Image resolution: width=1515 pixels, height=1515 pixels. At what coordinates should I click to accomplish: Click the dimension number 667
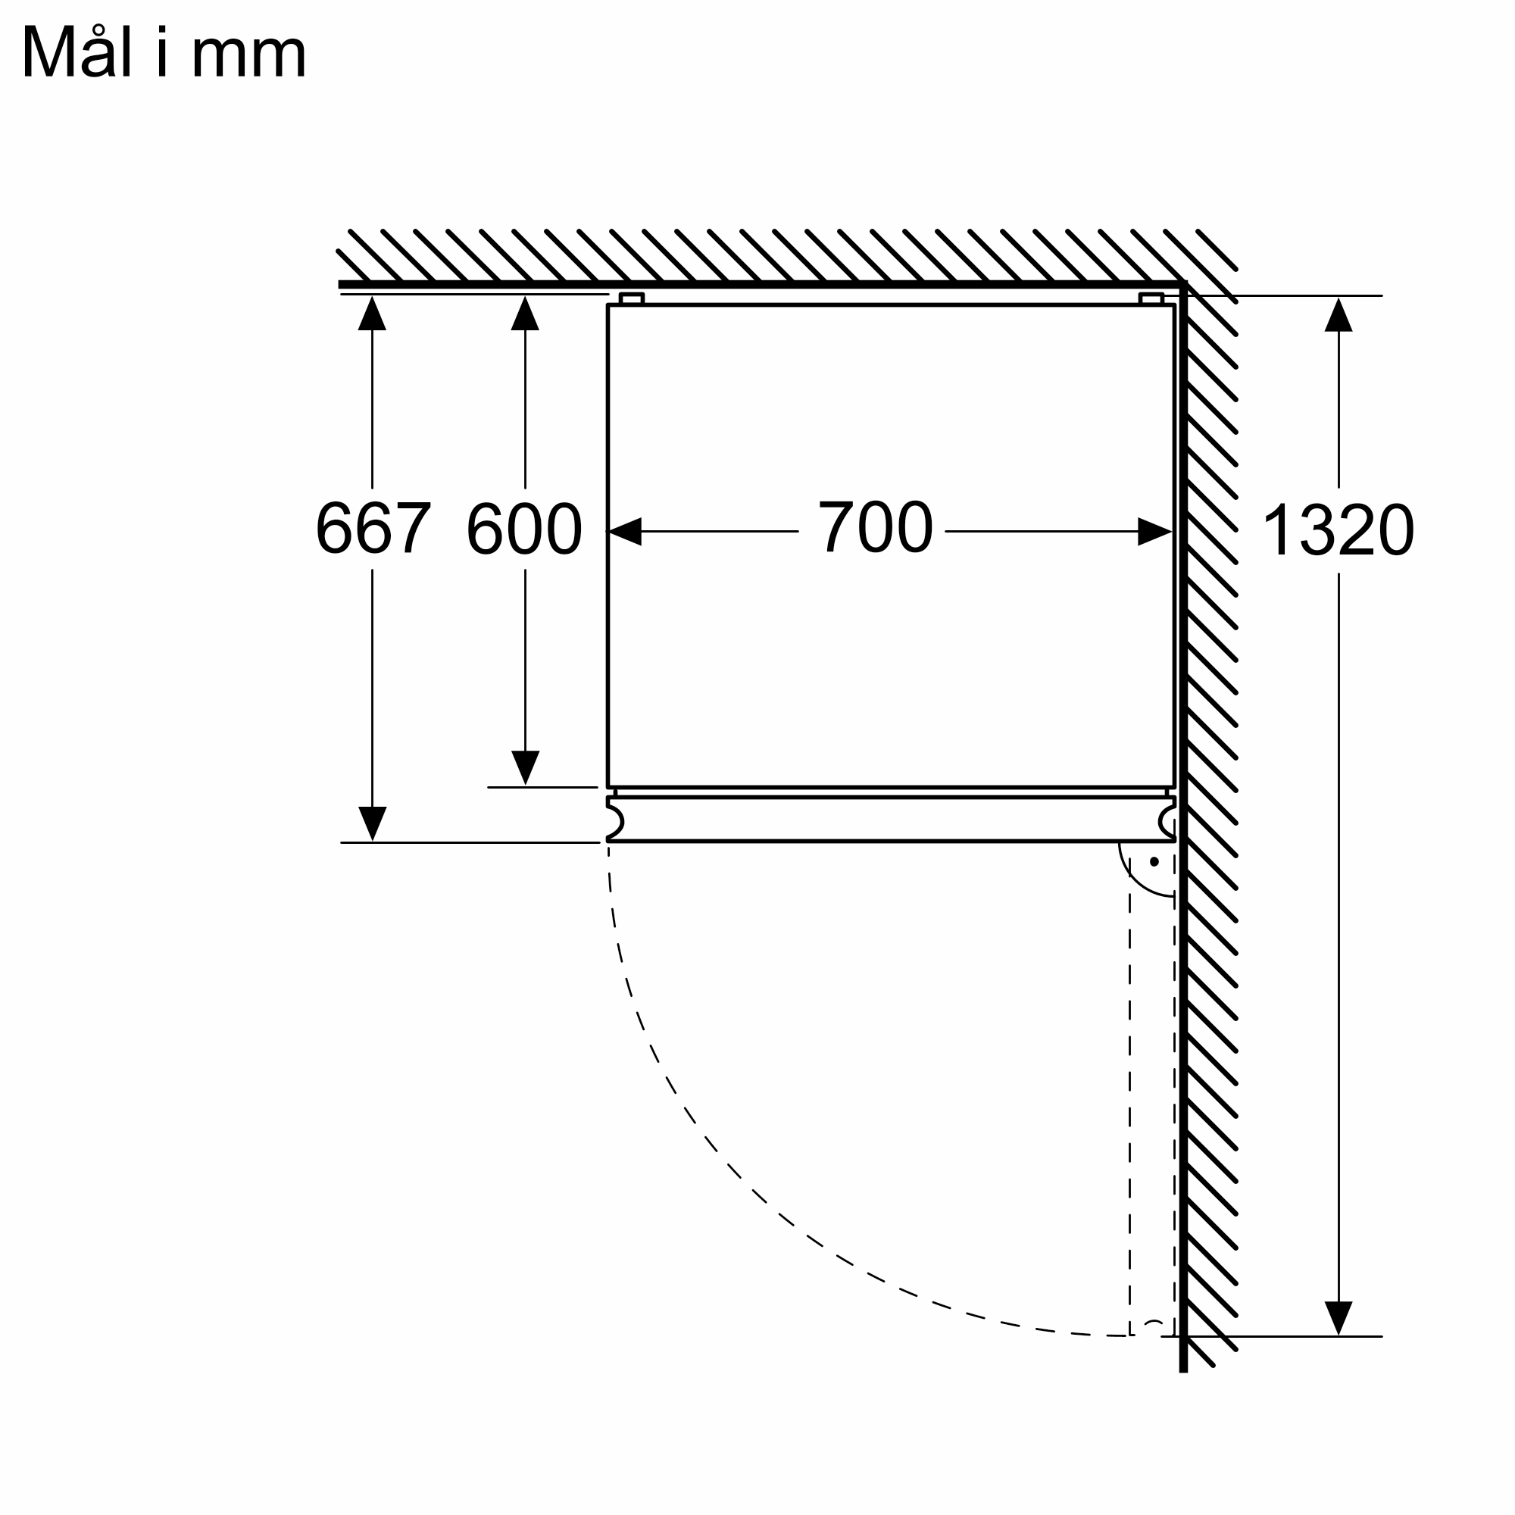pos(373,528)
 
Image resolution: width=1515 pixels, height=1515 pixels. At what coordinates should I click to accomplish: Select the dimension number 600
pos(524,528)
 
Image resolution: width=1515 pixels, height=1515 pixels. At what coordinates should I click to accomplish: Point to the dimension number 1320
pos(1338,530)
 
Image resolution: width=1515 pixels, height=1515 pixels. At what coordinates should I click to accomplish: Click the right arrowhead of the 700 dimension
pos(1154,532)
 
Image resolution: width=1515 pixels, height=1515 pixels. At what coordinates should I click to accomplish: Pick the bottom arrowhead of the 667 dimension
pos(373,823)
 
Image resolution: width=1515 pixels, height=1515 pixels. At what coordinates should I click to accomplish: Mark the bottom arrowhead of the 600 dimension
pos(526,767)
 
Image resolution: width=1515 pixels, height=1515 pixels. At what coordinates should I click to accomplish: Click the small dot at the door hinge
pos(1154,862)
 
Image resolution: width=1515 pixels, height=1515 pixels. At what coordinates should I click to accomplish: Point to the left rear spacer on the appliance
pos(631,298)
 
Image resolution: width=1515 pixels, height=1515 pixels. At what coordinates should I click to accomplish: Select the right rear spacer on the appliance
pos(1151,298)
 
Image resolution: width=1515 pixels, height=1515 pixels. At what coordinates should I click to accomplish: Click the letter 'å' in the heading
pos(96,55)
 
